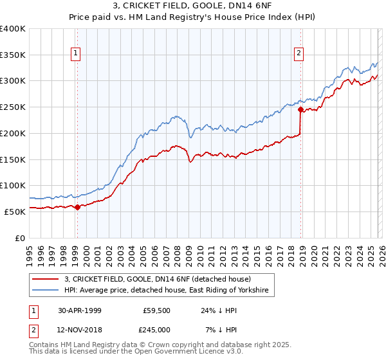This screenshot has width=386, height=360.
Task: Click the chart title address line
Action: (192, 6)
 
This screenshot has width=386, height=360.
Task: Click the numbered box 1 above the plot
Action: (76, 53)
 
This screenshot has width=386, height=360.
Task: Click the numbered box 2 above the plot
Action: (299, 53)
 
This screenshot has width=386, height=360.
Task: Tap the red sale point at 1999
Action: (78, 207)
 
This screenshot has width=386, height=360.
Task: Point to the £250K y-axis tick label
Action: (13, 107)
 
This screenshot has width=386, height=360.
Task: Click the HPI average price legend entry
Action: (169, 291)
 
